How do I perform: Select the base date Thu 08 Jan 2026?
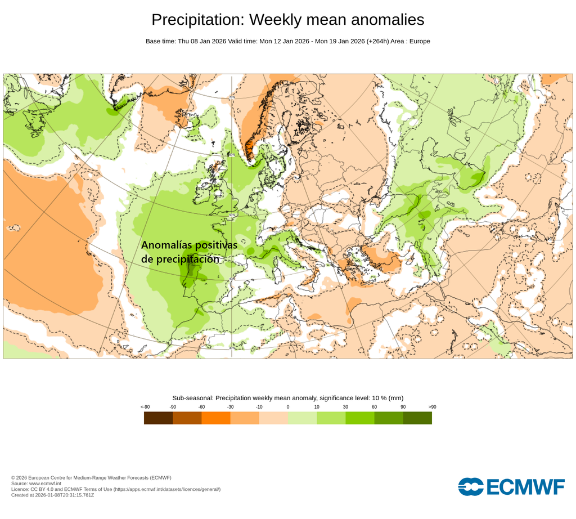[201, 41]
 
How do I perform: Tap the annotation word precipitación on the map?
[188, 259]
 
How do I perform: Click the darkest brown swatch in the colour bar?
[158, 418]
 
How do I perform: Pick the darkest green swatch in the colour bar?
[417, 418]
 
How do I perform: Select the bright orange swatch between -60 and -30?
[216, 418]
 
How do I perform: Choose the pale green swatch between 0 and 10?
[302, 418]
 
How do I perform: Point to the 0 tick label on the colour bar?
[288, 406]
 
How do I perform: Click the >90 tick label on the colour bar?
[432, 406]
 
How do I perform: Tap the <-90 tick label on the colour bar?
[145, 406]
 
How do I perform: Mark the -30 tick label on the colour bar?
[230, 406]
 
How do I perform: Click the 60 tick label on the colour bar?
[374, 406]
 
